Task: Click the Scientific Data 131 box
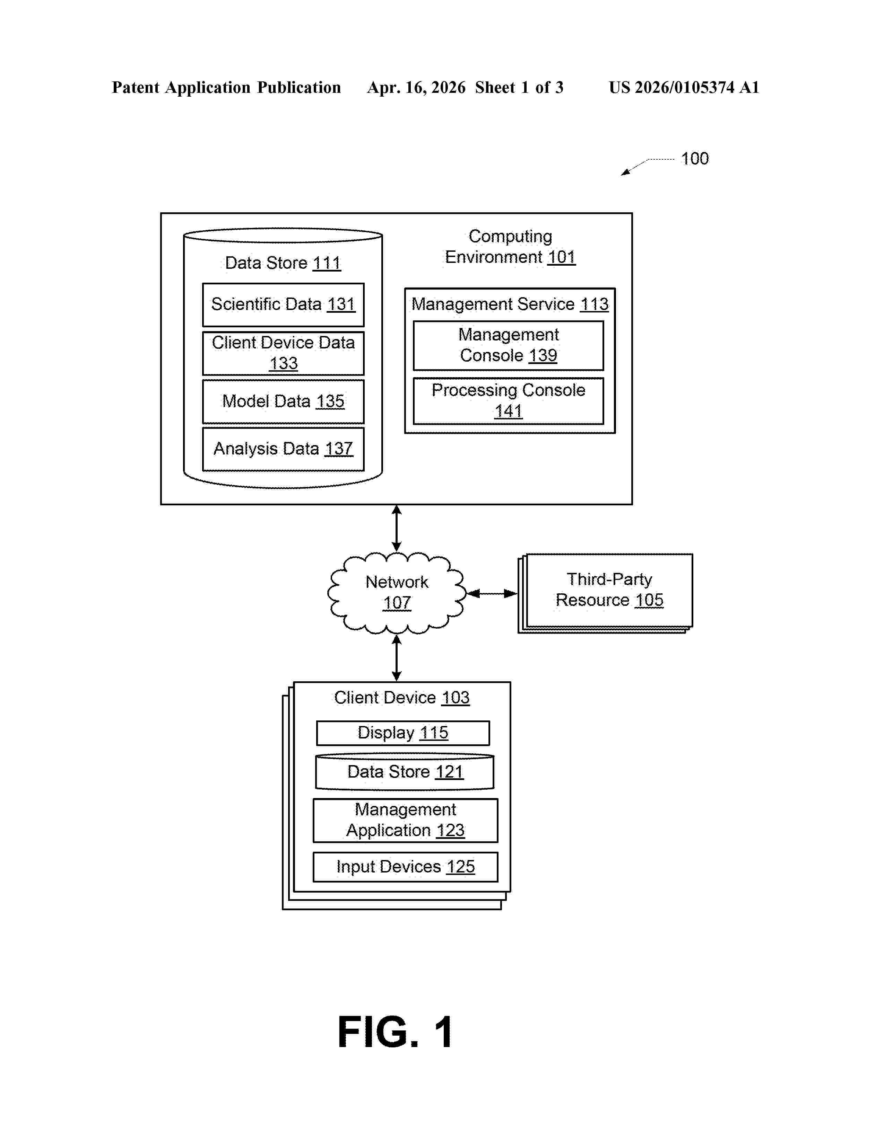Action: click(283, 304)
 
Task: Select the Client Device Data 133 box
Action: click(283, 353)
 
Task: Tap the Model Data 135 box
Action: click(283, 401)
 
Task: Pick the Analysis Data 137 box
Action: click(283, 449)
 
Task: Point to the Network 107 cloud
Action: click(397, 593)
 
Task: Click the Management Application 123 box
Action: click(405, 820)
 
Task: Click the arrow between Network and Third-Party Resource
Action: click(492, 593)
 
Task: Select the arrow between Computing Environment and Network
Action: click(397, 528)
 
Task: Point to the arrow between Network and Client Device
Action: click(397, 658)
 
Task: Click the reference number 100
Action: click(694, 159)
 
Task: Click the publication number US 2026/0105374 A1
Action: click(684, 87)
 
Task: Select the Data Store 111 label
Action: click(283, 263)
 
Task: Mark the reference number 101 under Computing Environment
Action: click(561, 257)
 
